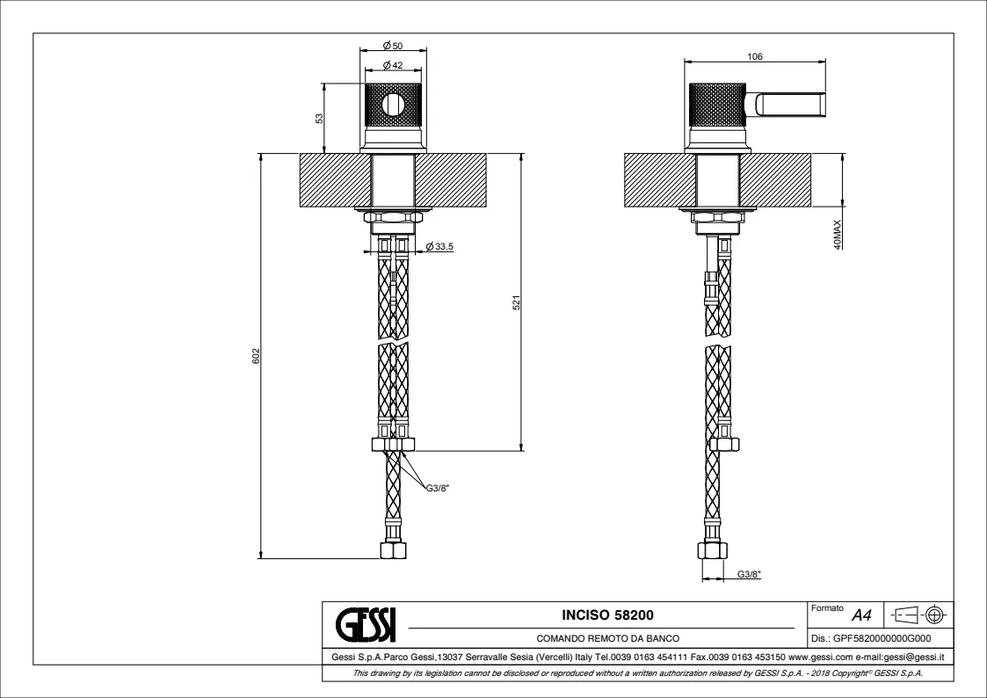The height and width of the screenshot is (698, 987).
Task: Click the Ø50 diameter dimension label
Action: coord(393,46)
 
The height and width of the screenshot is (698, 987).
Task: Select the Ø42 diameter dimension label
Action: coord(393,65)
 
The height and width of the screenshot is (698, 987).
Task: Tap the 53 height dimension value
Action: coord(319,119)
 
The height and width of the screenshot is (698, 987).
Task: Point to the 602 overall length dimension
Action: coord(256,356)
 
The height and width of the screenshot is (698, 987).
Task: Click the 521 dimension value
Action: coord(517,302)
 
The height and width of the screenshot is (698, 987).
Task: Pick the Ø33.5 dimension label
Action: coord(439,247)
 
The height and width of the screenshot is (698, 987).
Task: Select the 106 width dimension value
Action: coord(755,56)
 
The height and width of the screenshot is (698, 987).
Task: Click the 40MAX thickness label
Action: coord(838,235)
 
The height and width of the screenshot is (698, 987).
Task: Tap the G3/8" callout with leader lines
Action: coord(438,488)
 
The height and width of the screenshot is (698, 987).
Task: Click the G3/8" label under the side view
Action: coord(749,574)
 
